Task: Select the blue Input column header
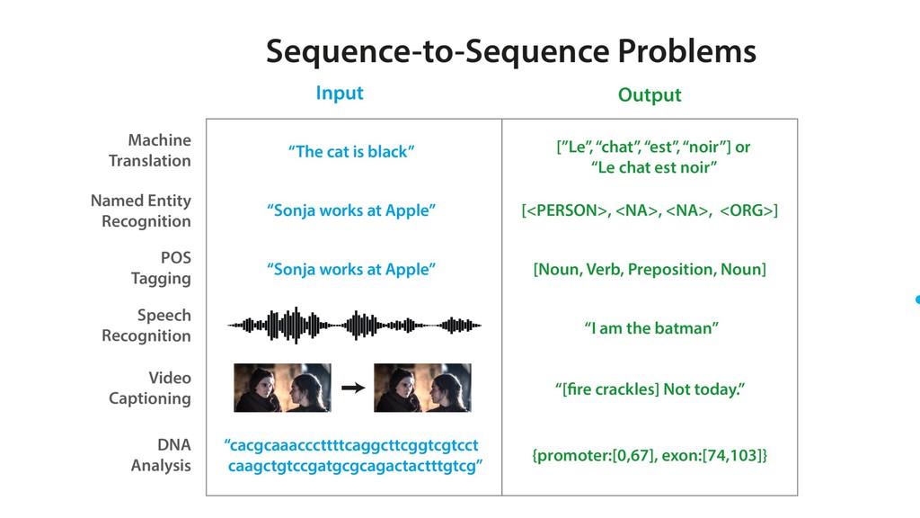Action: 340,93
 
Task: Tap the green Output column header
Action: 650,94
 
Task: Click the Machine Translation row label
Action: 150,150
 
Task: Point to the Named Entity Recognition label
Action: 141,210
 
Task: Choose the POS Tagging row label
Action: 161,268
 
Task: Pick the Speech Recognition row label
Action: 146,326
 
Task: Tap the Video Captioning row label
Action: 150,388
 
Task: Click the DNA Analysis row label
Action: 161,455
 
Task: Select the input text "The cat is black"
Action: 351,152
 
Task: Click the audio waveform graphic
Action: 354,325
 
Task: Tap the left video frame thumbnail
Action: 282,388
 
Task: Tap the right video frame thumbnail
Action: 422,388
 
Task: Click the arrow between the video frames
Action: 353,388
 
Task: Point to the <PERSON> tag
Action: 565,210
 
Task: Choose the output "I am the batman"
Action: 650,328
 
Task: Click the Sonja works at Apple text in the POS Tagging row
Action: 351,269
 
